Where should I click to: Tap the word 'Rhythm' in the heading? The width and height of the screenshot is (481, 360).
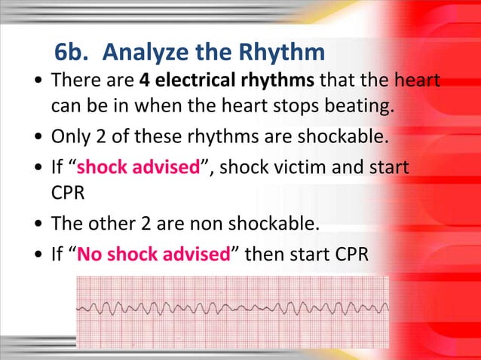283,53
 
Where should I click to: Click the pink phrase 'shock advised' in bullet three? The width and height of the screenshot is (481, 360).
136,166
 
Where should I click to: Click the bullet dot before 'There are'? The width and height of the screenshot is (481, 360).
38,80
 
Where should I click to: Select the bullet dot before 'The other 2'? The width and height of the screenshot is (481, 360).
38,224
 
